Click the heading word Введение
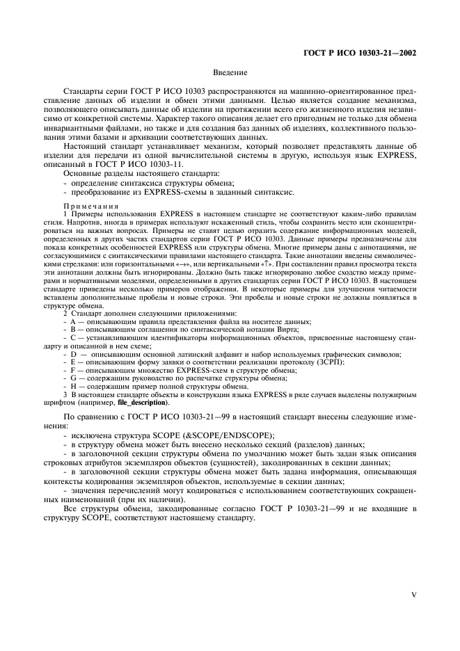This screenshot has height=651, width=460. [229, 72]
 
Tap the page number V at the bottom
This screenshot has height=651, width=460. [413, 595]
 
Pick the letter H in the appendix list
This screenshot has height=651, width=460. [72, 386]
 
